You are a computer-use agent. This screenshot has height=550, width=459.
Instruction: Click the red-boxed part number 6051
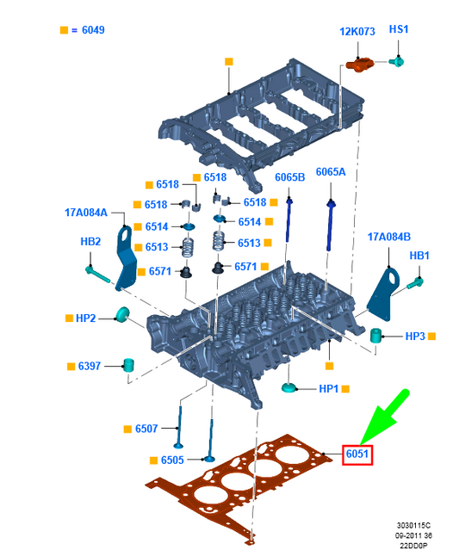[357, 454]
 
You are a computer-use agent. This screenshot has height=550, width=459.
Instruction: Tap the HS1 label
[399, 29]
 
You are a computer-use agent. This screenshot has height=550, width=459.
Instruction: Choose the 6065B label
[290, 177]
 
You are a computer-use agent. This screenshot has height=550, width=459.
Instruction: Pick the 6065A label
[331, 172]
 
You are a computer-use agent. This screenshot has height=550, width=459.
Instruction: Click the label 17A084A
[86, 212]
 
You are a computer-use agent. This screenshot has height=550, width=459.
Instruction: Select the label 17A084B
[389, 236]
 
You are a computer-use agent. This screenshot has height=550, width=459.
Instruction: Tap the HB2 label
[90, 242]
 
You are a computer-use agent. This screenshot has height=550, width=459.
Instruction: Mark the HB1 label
[419, 256]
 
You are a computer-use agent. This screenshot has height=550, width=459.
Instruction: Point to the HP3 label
[416, 336]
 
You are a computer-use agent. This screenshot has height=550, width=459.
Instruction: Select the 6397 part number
[90, 366]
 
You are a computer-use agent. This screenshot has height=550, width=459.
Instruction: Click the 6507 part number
[146, 428]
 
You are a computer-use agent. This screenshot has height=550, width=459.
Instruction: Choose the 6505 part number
[172, 460]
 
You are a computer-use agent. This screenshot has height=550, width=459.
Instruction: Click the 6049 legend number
[95, 29]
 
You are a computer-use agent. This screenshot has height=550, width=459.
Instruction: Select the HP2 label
[85, 318]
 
